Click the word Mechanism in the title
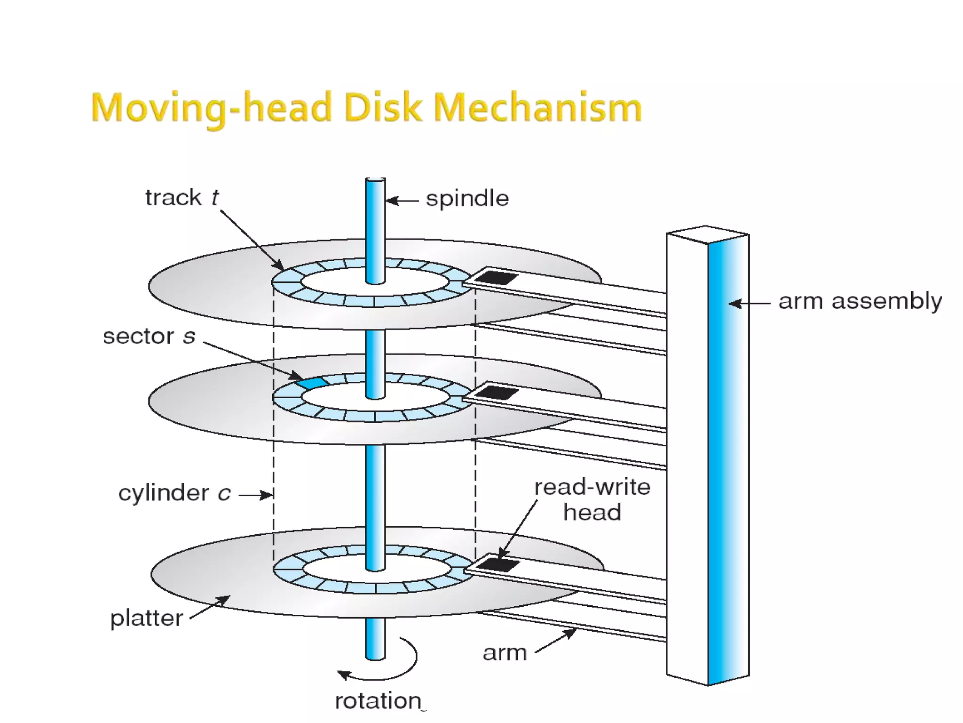[537, 108]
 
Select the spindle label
[467, 199]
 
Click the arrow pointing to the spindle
[402, 201]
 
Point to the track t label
[182, 198]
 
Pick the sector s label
[149, 337]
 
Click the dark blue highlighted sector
[312, 382]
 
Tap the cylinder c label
[174, 493]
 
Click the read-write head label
[592, 499]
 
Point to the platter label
[146, 618]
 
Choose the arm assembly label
[860, 301]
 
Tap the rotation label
[378, 701]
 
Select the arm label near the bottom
[505, 653]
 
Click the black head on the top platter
[496, 277]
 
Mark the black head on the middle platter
[497, 392]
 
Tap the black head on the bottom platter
[498, 564]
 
